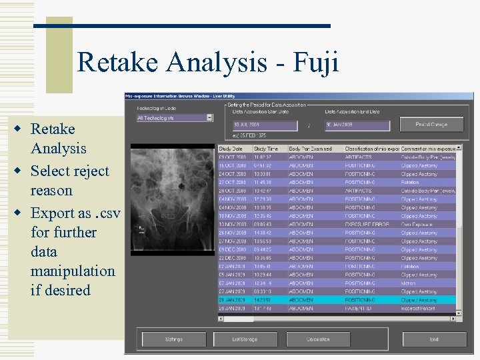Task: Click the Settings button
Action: [x=174, y=339]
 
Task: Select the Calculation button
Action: [x=318, y=339]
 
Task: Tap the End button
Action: [x=434, y=339]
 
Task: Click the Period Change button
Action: [x=431, y=125]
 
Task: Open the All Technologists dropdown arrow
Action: [x=209, y=118]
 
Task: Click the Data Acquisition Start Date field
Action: [x=263, y=125]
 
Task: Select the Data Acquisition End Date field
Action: [x=356, y=125]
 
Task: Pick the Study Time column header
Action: [x=269, y=148]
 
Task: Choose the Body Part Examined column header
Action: [x=314, y=148]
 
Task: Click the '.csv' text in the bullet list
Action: [x=106, y=213]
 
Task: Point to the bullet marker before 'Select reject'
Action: [x=22, y=171]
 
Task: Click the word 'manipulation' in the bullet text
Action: [x=73, y=271]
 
